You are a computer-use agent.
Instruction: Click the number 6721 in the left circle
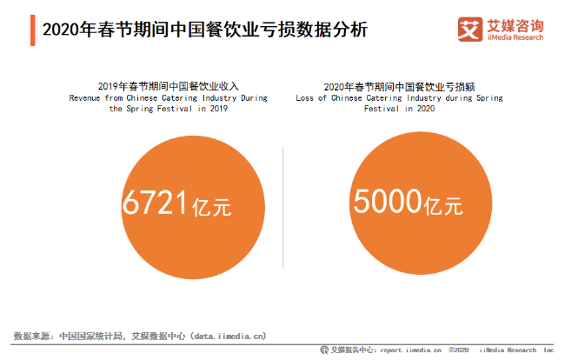point(156,203)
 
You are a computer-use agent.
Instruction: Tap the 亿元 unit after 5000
point(442,207)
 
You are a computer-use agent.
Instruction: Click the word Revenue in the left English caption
point(83,98)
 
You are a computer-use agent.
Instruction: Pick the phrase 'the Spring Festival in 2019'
point(167,110)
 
